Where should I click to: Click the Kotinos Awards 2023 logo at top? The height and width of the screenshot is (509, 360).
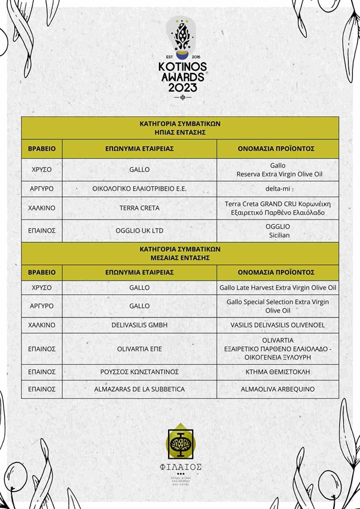pyautogui.click(x=180, y=57)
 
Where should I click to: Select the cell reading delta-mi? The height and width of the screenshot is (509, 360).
pyautogui.click(x=277, y=188)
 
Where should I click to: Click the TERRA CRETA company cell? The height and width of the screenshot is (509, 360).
pyautogui.click(x=139, y=208)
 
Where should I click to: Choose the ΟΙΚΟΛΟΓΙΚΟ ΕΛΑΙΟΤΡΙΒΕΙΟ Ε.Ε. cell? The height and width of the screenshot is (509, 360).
pyautogui.click(x=139, y=188)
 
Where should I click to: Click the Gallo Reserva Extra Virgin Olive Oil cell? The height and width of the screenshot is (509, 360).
pyautogui.click(x=277, y=169)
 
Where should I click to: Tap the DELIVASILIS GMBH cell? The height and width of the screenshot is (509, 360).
pyautogui.click(x=139, y=325)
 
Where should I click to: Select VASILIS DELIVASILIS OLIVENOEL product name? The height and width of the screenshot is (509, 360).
pyautogui.click(x=277, y=325)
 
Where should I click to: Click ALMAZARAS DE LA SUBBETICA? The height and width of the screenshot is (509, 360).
pyautogui.click(x=139, y=389)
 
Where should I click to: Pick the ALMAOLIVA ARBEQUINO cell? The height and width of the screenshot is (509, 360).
pyautogui.click(x=277, y=389)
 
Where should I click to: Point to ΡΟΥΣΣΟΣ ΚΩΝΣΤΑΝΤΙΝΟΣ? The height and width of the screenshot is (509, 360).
pyautogui.click(x=139, y=371)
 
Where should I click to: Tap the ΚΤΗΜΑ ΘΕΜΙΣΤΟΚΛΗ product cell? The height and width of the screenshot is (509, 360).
pyautogui.click(x=277, y=371)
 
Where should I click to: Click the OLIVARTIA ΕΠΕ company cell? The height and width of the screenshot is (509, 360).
pyautogui.click(x=139, y=348)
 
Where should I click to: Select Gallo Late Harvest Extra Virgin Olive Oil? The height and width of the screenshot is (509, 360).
pyautogui.click(x=277, y=288)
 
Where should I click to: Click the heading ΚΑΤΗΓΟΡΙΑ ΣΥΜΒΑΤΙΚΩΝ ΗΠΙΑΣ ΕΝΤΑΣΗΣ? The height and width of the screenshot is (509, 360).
pyautogui.click(x=180, y=128)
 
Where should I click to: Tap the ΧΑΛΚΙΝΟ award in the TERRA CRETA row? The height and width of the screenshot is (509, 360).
pyautogui.click(x=42, y=208)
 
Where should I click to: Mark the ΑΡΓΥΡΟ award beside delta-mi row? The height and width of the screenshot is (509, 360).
pyautogui.click(x=42, y=188)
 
